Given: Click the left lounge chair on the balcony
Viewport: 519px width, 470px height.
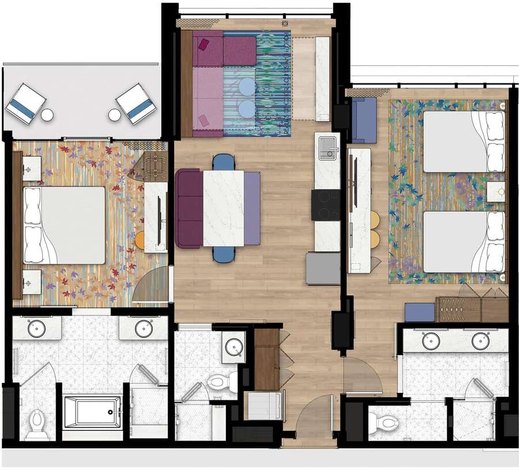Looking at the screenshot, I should tap(25, 103).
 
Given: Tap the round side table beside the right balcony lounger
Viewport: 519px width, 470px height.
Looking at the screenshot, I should tap(115, 115).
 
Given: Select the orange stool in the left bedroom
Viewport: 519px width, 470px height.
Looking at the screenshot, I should tap(139, 240).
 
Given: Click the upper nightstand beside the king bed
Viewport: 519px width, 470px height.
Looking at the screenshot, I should tap(31, 168).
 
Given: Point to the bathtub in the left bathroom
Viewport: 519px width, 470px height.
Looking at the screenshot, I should tap(92, 412).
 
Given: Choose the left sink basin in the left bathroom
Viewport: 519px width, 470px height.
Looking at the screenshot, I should tap(37, 329).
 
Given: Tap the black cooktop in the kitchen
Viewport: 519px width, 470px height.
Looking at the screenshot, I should tap(326, 205).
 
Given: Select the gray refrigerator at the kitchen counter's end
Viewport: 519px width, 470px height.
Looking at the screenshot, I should tap(323, 268).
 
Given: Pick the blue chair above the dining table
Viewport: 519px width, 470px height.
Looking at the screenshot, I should tap(224, 162).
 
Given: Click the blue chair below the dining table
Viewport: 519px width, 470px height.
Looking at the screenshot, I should tap(224, 254).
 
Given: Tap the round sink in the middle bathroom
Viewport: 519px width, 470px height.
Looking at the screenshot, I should tap(234, 347).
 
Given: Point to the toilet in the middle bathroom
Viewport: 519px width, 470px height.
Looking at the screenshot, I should tap(223, 381).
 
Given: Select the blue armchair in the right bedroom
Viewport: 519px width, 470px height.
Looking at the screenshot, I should tap(363, 120).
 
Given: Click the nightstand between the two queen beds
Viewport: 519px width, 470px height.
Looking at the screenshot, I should tap(496, 191).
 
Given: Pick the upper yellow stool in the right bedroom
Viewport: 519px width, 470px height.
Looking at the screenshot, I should tap(375, 220).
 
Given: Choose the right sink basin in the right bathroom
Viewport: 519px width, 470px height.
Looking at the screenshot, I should tap(480, 341).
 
